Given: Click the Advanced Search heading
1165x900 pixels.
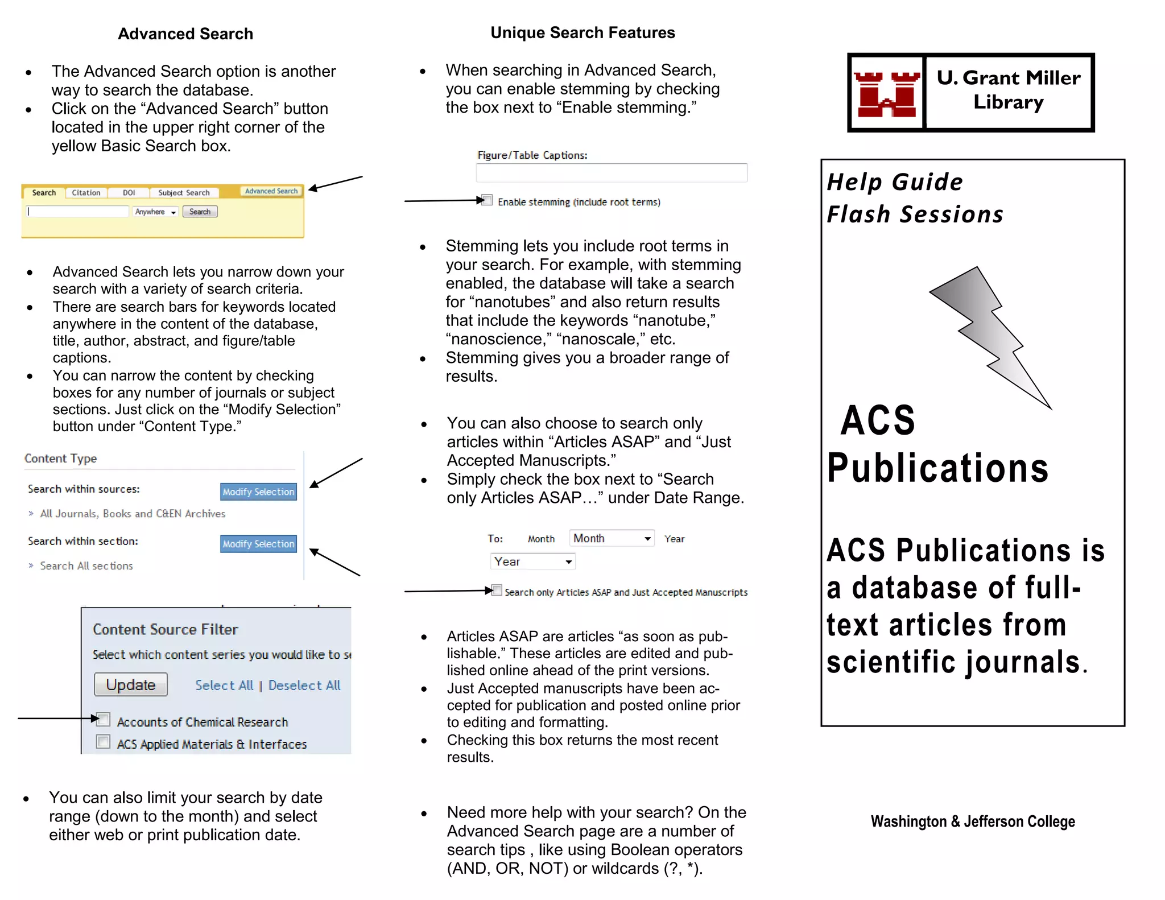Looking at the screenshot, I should [185, 34].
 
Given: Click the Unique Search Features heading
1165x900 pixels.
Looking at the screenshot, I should [582, 33].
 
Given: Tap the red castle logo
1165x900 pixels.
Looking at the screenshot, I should [886, 93].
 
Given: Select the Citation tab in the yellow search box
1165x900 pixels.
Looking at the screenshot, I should [86, 193].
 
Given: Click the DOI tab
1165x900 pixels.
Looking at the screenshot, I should [129, 193].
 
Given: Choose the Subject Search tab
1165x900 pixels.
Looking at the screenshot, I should [184, 193].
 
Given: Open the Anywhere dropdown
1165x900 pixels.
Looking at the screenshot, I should [155, 212].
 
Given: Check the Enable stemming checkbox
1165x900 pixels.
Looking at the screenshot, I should [487, 200].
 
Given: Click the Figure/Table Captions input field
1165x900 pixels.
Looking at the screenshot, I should [612, 172].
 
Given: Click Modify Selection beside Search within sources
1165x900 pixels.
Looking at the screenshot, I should [258, 492].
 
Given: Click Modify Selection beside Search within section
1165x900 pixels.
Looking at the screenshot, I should [258, 544].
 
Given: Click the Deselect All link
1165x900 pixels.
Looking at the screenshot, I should [304, 686].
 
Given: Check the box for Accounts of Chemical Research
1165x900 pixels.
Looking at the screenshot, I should [104, 720].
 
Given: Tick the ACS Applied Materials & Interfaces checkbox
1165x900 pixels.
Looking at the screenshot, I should [104, 742].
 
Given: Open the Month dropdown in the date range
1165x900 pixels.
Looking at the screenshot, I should [612, 538].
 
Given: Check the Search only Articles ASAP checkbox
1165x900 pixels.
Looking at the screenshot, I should [497, 590].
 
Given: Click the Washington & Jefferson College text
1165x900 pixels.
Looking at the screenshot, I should [972, 821].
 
